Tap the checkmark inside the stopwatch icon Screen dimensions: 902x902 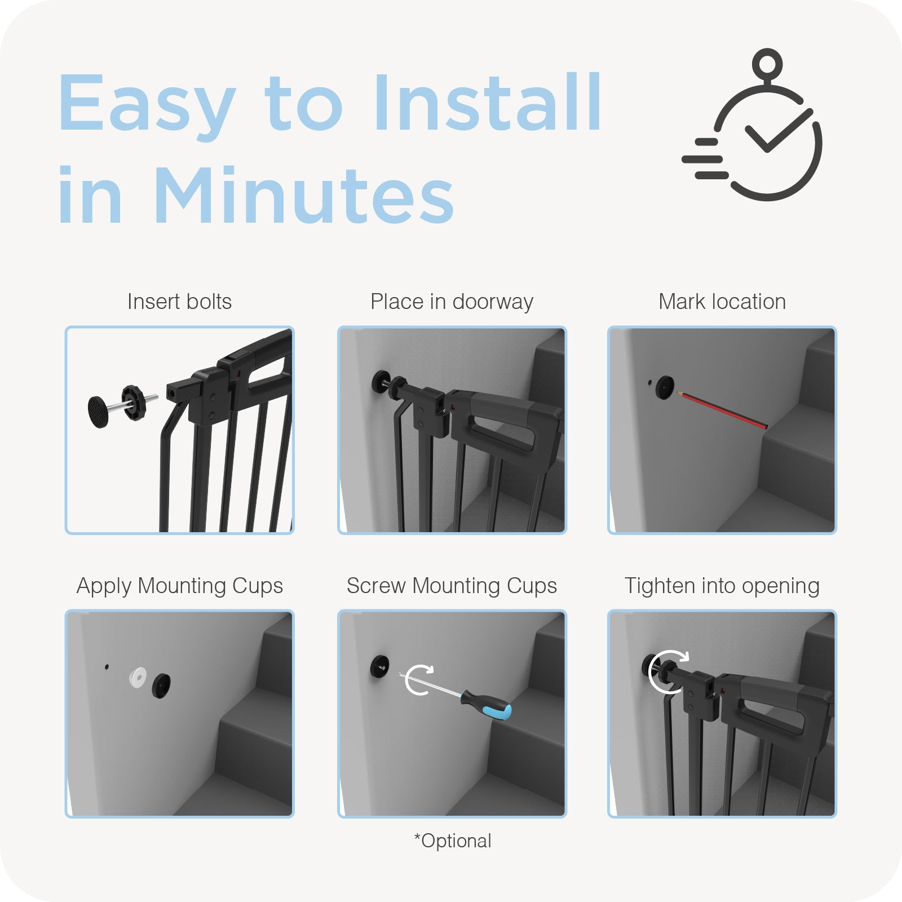coord(778,130)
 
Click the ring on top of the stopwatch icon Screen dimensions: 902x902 coord(767,63)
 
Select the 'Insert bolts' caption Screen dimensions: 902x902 coord(179,302)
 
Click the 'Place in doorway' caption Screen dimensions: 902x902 coord(452,302)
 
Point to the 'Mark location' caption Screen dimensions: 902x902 coord(722,302)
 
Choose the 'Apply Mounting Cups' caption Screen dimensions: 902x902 coord(179,586)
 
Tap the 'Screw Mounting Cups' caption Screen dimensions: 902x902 coord(452,586)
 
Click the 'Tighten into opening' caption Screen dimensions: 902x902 coord(722,586)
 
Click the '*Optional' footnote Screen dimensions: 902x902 coord(453,841)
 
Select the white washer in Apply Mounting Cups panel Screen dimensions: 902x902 coord(138,677)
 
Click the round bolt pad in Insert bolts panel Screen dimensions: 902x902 coord(98,412)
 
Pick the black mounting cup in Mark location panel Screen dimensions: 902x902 coord(665,388)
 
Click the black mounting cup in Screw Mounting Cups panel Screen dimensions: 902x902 coord(380,667)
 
